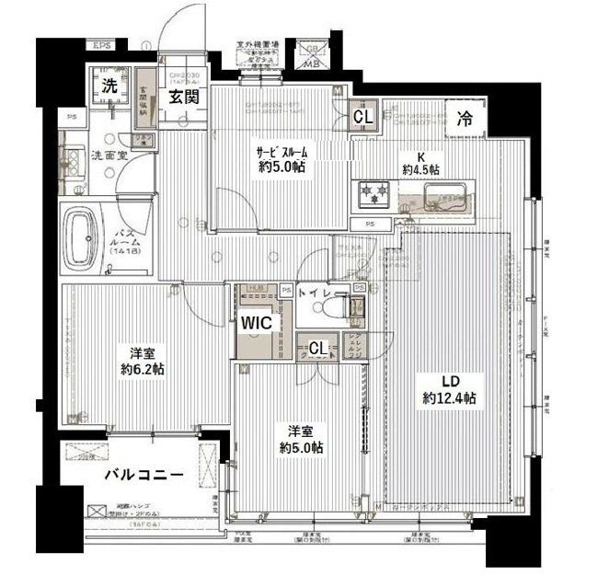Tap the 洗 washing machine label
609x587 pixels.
(x=109, y=87)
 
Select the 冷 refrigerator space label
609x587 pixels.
(x=466, y=118)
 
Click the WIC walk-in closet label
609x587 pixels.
(x=257, y=324)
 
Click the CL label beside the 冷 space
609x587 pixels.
(x=363, y=117)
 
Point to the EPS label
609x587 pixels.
(x=100, y=44)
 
